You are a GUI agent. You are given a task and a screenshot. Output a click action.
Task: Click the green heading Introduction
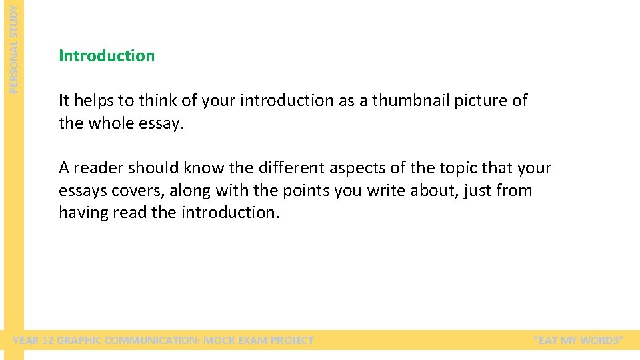[x=107, y=56]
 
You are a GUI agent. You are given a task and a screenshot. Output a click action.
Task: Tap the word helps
[x=93, y=101]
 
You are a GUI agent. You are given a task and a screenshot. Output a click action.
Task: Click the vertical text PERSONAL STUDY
[x=15, y=47]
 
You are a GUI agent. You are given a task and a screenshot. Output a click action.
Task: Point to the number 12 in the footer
[x=47, y=341]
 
